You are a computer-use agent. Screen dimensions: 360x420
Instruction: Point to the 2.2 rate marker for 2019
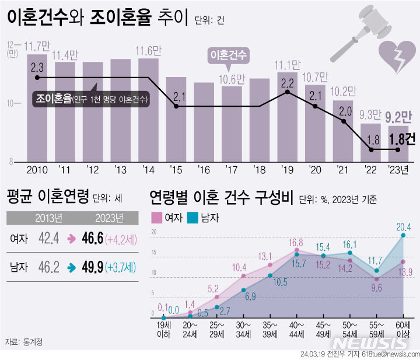click(x=288, y=92)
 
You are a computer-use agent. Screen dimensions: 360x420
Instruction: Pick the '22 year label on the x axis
click(x=370, y=170)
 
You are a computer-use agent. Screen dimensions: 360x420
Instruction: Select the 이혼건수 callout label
click(x=229, y=55)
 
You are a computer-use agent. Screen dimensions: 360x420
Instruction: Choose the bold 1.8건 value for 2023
click(x=402, y=139)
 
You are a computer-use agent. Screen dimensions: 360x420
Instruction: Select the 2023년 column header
click(x=110, y=218)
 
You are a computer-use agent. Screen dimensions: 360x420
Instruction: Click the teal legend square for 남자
click(x=194, y=218)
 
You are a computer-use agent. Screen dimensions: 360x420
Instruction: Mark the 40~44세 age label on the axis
click(x=297, y=328)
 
